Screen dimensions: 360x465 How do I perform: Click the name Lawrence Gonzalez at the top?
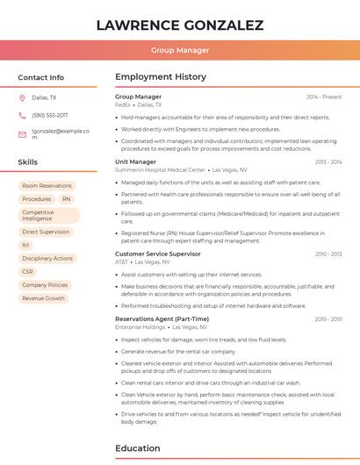[180, 25]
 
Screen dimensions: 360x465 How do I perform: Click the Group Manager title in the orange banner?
[180, 51]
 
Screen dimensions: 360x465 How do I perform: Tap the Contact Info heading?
[41, 77]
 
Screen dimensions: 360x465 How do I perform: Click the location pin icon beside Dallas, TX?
[22, 98]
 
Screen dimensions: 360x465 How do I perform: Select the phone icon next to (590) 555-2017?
[22, 116]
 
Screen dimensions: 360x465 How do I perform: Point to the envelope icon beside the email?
[22, 134]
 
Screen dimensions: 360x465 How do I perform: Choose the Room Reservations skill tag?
[47, 186]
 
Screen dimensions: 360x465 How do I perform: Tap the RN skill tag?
[66, 199]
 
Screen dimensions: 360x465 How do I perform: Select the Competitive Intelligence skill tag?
[48, 216]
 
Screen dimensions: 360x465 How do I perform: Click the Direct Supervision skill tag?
[46, 232]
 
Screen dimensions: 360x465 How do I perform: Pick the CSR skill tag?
[28, 272]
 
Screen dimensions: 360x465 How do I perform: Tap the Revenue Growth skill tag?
[44, 298]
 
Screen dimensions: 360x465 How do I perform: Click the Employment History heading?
[161, 77]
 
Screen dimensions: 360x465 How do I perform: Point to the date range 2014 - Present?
[324, 97]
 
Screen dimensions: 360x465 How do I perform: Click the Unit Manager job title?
[135, 162]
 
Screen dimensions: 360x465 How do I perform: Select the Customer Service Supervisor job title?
[158, 254]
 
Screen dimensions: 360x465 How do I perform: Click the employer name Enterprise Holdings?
[140, 327]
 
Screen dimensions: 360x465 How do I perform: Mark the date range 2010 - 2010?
[328, 319]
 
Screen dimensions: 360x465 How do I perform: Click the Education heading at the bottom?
[138, 449]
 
